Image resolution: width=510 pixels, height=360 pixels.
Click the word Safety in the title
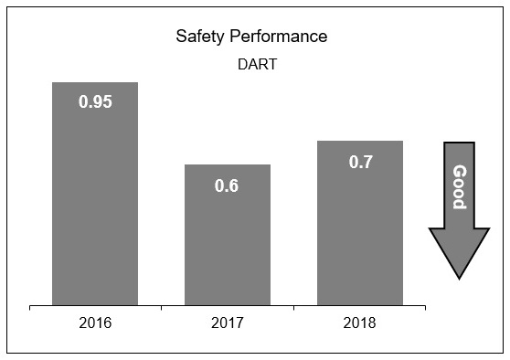click(197, 37)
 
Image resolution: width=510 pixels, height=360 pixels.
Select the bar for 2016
click(95, 201)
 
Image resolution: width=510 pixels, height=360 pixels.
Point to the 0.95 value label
click(95, 102)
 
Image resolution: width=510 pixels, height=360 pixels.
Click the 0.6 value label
click(227, 185)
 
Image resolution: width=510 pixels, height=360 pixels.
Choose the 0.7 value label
click(360, 162)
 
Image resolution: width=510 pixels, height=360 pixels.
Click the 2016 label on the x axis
click(95, 323)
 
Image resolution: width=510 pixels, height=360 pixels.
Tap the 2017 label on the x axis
click(228, 323)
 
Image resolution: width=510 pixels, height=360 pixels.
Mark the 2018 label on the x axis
click(360, 323)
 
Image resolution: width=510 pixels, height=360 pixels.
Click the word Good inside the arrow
click(459, 186)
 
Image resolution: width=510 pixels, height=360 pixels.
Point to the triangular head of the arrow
click(459, 252)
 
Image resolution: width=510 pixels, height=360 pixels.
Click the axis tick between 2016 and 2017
click(162, 308)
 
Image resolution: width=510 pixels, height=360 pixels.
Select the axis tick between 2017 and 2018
click(293, 308)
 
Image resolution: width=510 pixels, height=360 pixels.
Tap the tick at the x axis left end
click(29, 308)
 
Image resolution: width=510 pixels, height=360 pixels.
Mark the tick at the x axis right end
click(426, 308)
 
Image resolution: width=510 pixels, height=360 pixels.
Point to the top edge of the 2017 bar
click(228, 164)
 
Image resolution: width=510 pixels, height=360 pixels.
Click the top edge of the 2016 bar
click(95, 82)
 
